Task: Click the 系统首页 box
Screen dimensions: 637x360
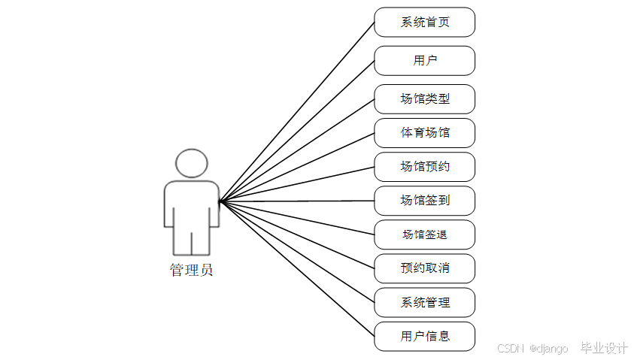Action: [x=424, y=23]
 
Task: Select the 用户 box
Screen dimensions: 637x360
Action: [x=424, y=61]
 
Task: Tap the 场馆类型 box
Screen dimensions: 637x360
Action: [x=424, y=99]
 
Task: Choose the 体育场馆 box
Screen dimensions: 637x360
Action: [x=424, y=133]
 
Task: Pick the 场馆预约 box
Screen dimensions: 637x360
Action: [x=424, y=167]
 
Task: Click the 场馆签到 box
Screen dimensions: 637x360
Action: [x=424, y=201]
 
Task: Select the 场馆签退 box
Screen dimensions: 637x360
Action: [x=424, y=234]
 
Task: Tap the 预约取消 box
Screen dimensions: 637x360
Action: [x=424, y=268]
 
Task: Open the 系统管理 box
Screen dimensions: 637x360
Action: [x=424, y=302]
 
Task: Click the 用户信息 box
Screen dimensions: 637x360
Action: [x=424, y=336]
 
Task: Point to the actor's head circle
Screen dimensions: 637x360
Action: [x=192, y=163]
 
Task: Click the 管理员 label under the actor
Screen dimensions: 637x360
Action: [x=192, y=271]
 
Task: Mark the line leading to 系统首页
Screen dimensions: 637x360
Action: [x=297, y=112]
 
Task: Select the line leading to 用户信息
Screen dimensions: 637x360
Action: [x=297, y=269]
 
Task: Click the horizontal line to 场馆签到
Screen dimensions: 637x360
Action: [x=297, y=201]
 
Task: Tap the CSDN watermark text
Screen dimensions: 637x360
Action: [x=510, y=349]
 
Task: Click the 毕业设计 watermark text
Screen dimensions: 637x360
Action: [x=604, y=348]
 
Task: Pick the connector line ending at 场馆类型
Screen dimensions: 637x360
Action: [x=297, y=150]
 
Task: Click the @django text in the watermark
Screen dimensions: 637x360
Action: [x=549, y=349]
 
